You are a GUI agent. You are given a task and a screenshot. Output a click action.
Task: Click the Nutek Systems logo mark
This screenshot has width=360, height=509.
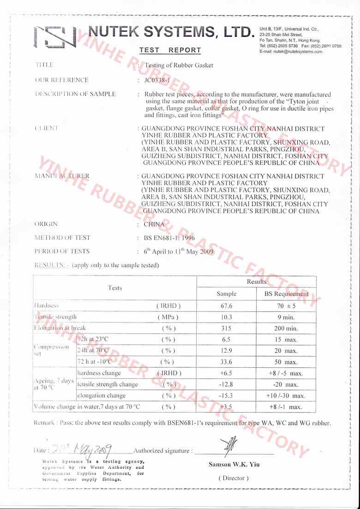coord(55,36)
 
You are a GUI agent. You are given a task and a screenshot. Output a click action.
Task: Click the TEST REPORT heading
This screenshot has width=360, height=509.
coord(170,50)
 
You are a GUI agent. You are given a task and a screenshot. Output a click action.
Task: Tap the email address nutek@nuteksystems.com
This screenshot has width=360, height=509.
coord(291,52)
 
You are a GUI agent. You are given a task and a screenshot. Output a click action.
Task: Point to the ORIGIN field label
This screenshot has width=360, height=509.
coord(46,224)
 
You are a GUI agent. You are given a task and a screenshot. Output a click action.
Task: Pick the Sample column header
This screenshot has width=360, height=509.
coord(226,294)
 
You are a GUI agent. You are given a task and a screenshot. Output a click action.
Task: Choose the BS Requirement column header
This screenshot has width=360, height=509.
coord(286,294)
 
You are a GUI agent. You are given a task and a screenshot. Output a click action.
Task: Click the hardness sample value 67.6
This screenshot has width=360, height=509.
coord(226,305)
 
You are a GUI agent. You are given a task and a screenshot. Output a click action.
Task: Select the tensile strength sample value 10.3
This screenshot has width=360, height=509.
coord(226,317)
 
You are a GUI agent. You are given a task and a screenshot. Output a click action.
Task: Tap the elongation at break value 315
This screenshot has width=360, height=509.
coord(226,329)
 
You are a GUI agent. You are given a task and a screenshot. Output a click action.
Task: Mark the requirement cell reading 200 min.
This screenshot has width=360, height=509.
coord(286,329)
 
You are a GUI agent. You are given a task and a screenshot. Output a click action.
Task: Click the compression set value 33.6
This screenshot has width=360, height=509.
coord(226,362)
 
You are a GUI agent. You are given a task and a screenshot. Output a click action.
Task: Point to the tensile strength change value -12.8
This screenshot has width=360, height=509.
coord(226,384)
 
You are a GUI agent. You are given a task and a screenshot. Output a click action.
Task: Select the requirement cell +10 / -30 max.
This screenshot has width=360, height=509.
coord(286,395)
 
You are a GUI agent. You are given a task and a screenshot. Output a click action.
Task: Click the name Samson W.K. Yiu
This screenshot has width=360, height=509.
coord(234,465)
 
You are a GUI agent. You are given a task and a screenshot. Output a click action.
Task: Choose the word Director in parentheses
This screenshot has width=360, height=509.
coord(234,478)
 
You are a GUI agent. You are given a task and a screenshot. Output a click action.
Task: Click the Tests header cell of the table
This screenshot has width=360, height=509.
coord(115,288)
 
